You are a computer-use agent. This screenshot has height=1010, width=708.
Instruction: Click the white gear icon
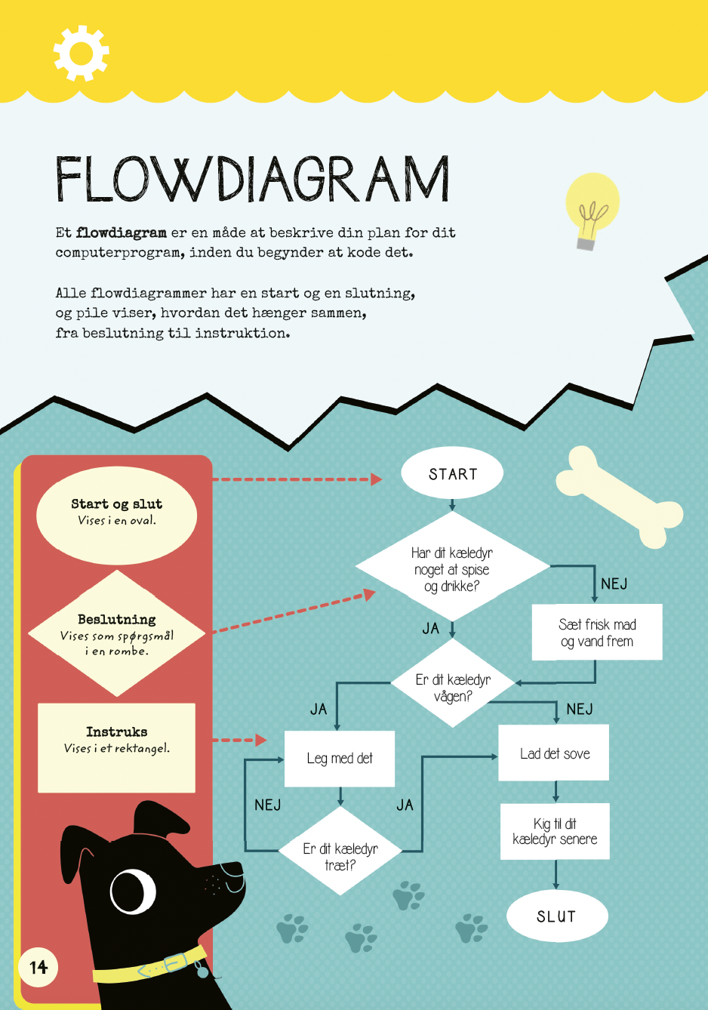pos(82,53)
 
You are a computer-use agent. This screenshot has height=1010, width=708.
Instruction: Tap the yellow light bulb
pos(592,211)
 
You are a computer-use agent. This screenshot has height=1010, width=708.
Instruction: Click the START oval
pos(452,473)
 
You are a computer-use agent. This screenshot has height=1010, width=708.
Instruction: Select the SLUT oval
pos(557,916)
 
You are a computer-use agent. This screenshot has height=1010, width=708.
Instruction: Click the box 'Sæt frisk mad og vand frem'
pos(597,632)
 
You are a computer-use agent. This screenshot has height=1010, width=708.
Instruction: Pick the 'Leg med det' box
pos(340,759)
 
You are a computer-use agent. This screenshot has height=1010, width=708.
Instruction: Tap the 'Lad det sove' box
pos(554,753)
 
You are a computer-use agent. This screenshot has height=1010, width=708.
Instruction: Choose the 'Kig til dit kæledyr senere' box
pos(555,831)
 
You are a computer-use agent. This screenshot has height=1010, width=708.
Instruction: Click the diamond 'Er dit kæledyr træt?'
pos(340,851)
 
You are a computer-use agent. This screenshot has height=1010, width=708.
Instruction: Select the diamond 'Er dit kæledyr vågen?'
pos(453,683)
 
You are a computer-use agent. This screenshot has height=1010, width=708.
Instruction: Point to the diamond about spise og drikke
pos(452,566)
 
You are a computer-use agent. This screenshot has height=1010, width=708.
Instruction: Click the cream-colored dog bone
pos(619,497)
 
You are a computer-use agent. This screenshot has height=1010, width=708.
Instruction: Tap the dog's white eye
pos(133,892)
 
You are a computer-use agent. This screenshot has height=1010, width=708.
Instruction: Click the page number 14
pos(38,967)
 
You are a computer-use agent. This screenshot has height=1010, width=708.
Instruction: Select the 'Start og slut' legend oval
pos(116,516)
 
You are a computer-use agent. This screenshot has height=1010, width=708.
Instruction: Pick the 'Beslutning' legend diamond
pos(116,633)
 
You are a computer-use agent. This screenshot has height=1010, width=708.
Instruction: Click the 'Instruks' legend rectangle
pos(116,747)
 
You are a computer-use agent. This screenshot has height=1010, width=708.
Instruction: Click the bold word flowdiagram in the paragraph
pos(121,233)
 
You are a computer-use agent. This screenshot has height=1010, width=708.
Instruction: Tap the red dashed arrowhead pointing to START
pos(376,479)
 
